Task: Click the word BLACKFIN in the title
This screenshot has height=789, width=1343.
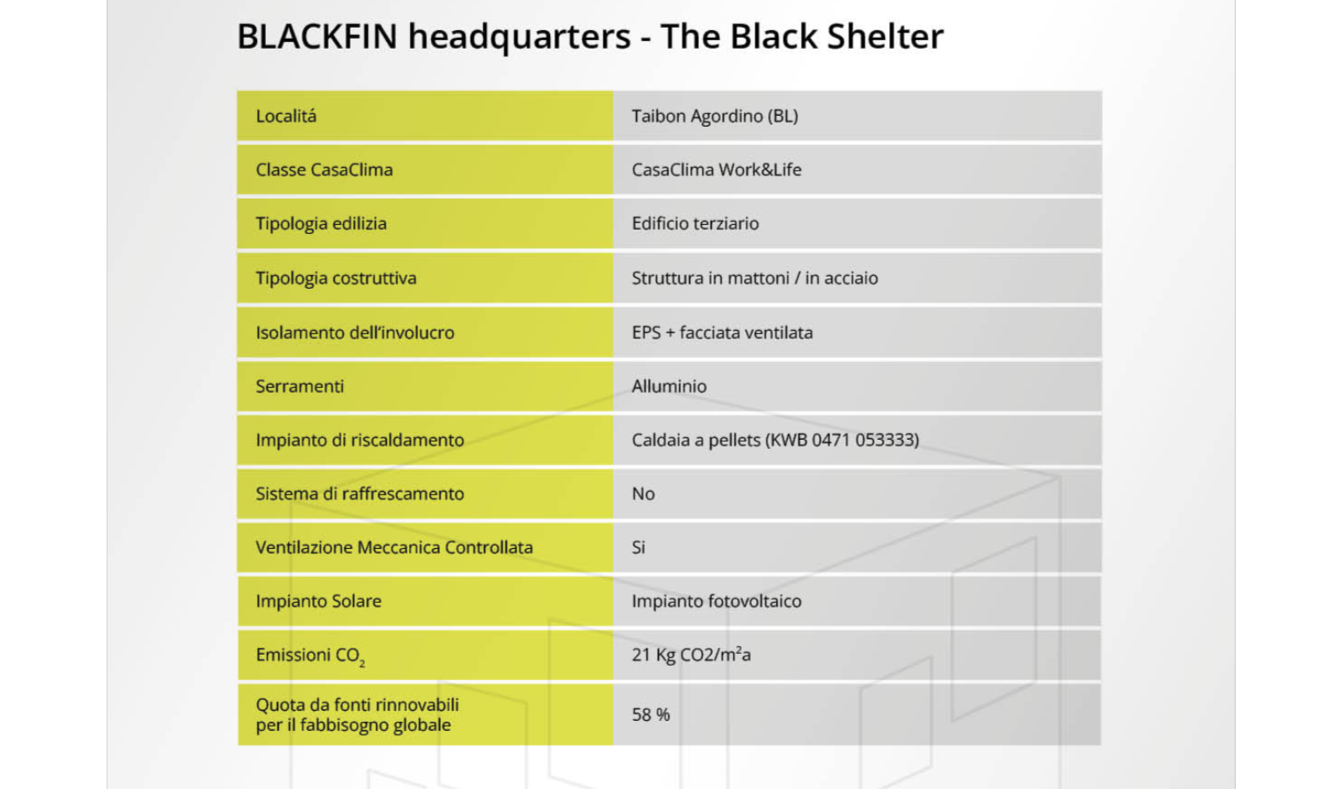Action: point(317,36)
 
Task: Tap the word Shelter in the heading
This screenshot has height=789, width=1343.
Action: point(885,36)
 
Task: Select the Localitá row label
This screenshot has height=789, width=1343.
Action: point(286,116)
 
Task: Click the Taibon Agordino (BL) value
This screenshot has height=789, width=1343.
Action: point(714,116)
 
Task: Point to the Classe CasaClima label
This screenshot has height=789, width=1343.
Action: point(324,170)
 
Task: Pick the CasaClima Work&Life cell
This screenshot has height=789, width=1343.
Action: point(717,170)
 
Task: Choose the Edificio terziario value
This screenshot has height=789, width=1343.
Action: point(696,223)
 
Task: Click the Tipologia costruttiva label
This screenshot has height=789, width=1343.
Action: point(337,278)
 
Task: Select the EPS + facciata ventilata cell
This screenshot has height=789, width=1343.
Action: point(723,332)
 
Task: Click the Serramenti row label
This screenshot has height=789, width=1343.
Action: point(300,386)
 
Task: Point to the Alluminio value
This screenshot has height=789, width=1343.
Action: point(669,386)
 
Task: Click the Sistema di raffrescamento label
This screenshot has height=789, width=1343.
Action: point(360,494)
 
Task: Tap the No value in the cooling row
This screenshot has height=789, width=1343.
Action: point(643,494)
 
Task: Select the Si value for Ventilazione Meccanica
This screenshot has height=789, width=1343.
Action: point(639,547)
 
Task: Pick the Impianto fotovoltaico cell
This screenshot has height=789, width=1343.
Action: point(717,601)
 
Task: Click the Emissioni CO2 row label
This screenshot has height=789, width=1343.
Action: point(311,656)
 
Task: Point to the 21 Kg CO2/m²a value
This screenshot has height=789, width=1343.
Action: point(692,654)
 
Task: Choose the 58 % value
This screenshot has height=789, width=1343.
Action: point(651,714)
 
